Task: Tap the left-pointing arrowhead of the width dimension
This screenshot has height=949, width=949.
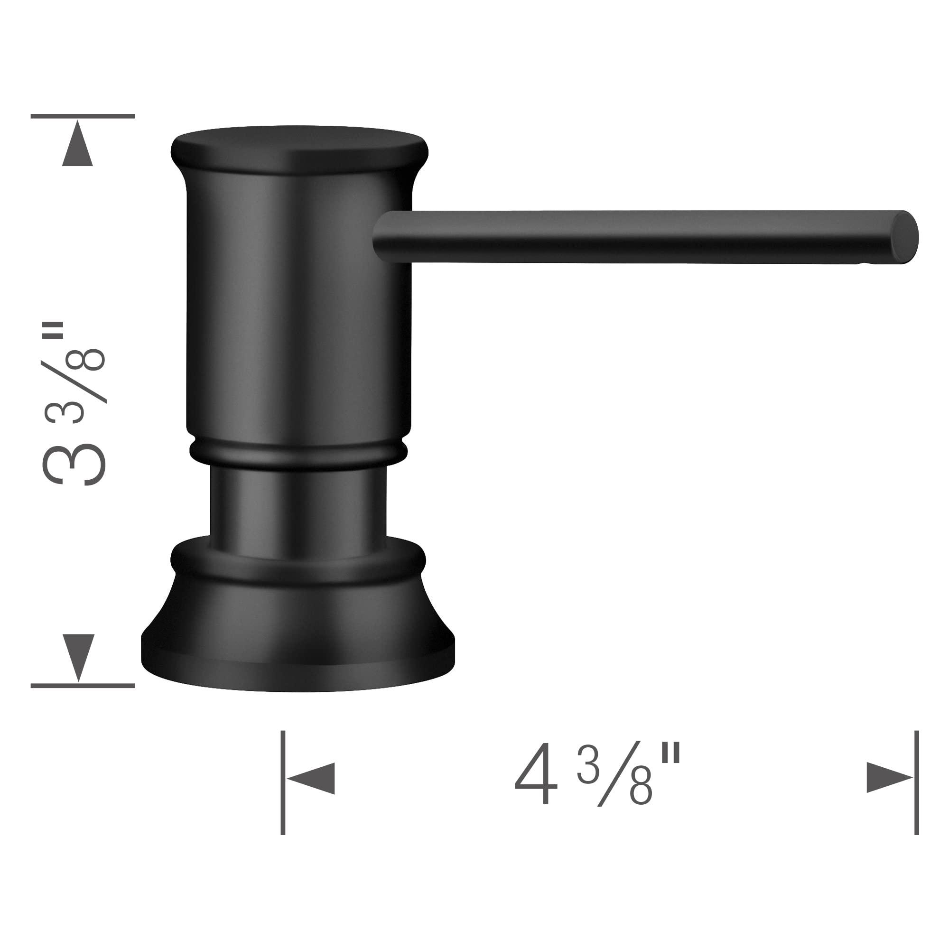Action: point(312,778)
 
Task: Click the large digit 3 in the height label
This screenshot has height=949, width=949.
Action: point(74,462)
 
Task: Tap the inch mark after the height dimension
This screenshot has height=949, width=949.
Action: point(58,330)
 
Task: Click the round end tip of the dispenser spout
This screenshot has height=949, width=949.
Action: point(904,239)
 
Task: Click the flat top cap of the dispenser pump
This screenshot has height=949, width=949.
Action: point(299,148)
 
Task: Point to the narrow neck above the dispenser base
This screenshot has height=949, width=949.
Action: point(298,506)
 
